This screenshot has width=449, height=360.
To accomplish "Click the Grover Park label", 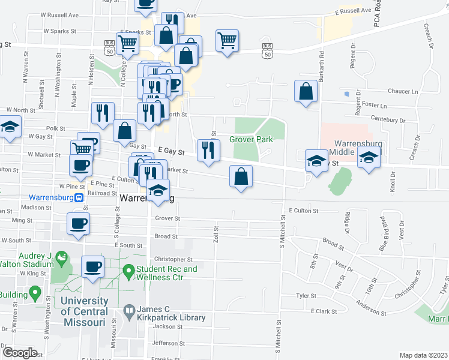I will click(x=251, y=140).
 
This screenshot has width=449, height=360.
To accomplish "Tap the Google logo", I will click(x=20, y=352).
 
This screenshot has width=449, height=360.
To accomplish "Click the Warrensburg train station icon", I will click(x=79, y=197).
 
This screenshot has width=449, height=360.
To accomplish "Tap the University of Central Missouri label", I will click(x=84, y=306).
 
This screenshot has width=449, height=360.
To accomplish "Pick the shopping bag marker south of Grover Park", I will click(x=241, y=176).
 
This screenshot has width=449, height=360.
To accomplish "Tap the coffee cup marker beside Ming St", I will click(x=78, y=224).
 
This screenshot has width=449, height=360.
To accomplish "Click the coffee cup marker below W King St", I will click(x=92, y=266).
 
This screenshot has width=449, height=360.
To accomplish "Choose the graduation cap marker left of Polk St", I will click(x=10, y=127).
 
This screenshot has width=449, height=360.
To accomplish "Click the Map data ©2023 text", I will click(x=423, y=355).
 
